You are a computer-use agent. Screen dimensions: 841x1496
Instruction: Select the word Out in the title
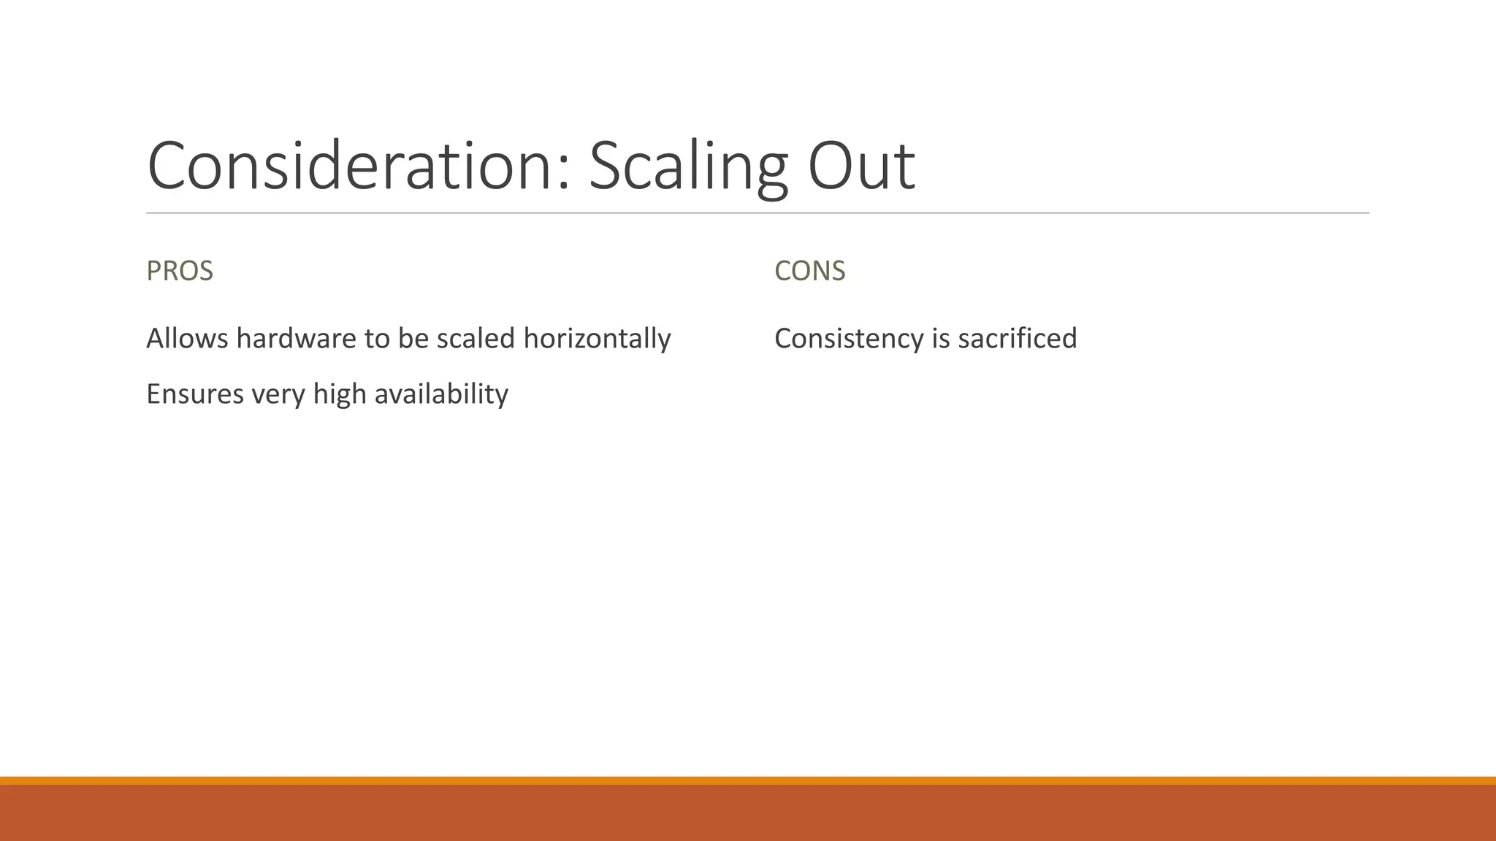(861, 166)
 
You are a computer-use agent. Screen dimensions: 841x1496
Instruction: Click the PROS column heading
(180, 271)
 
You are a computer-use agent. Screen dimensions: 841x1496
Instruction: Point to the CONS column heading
(809, 271)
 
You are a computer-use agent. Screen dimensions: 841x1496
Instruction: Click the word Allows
(187, 339)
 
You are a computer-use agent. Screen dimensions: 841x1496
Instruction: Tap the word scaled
(476, 339)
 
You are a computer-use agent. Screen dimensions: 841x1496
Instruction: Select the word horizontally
(597, 339)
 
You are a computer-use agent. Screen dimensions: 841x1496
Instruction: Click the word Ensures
(195, 394)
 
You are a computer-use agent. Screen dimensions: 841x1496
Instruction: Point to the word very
(278, 395)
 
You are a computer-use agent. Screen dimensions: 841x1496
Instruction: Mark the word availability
(440, 394)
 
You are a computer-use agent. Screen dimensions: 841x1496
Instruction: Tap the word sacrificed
(1017, 339)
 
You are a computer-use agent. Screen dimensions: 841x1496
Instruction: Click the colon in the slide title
(562, 175)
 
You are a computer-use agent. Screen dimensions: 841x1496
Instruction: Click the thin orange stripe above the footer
(748, 780)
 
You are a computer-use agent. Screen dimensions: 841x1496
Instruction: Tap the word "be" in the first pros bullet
(413, 339)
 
